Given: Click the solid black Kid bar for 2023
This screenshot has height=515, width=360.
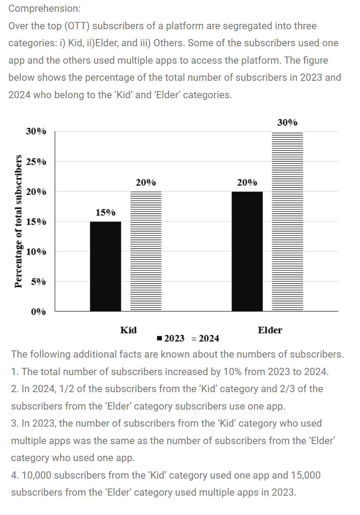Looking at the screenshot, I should [105, 266].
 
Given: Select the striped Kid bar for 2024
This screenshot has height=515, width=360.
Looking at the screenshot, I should [146, 251].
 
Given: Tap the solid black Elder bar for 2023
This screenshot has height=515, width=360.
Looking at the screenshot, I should [247, 251].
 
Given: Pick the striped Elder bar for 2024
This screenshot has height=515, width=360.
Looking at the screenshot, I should [287, 222].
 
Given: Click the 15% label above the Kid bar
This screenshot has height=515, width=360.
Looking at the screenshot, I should [105, 212].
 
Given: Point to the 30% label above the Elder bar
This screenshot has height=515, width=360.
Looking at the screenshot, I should [287, 122].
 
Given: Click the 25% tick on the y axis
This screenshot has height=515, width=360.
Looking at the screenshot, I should [36, 162].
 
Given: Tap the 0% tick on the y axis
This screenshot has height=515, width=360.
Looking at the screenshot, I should [38, 312].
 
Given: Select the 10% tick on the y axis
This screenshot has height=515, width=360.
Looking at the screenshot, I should [36, 252].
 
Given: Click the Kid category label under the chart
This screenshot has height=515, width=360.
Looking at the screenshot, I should [128, 330].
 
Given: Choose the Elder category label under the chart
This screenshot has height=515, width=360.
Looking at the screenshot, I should [270, 330].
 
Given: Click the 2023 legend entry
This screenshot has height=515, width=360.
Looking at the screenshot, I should [171, 338].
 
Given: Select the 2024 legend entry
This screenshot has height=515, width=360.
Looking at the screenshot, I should [206, 338].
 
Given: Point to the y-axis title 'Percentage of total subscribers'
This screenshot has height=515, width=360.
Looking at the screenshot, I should [18, 221].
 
